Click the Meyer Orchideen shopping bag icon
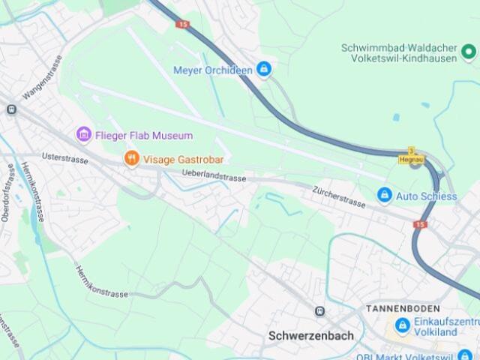pyautogui.click(x=263, y=70)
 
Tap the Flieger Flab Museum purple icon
pyautogui.click(x=84, y=136)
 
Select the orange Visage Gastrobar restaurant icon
pyautogui.click(x=132, y=159)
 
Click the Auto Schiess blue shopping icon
pyautogui.click(x=384, y=196)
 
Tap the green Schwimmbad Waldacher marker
pyautogui.click(x=469, y=52)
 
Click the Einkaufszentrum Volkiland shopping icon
pyautogui.click(x=403, y=326)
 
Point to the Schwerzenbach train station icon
pyautogui.click(x=320, y=310)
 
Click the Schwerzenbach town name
pyautogui.click(x=310, y=336)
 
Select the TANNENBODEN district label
pyautogui.click(x=403, y=309)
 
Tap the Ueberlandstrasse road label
pyautogui.click(x=214, y=176)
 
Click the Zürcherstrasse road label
pyautogui.click(x=339, y=196)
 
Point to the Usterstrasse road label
pyautogui.click(x=64, y=158)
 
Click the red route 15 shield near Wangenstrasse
pyautogui.click(x=184, y=24)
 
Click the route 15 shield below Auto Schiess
pyautogui.click(x=420, y=224)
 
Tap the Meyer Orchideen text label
pyautogui.click(x=212, y=70)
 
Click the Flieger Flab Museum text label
pyautogui.click(x=144, y=136)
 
